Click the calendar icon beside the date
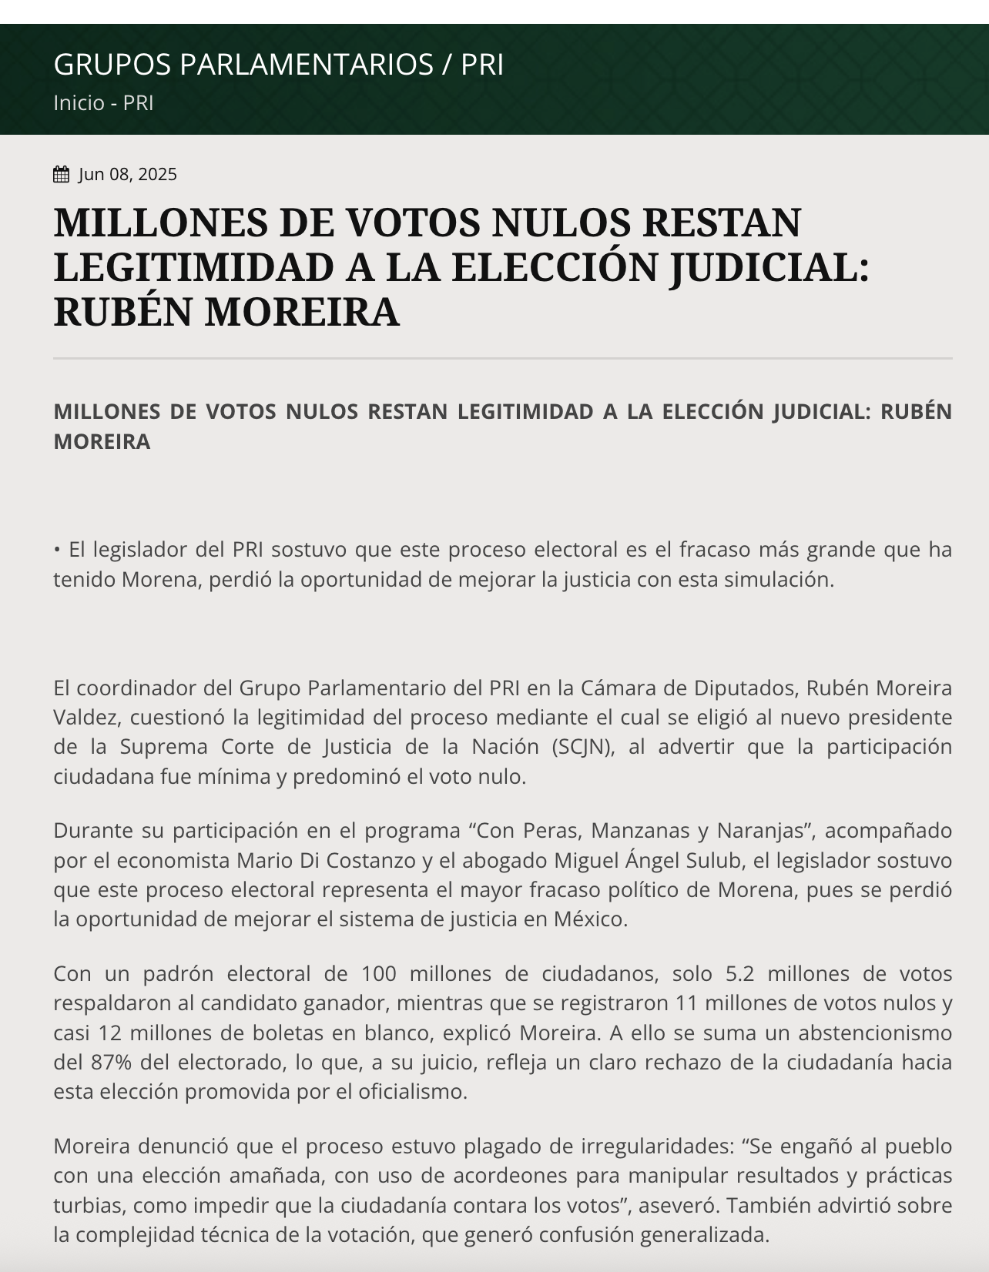tap(61, 175)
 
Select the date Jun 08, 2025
tap(128, 175)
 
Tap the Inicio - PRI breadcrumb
tap(103, 103)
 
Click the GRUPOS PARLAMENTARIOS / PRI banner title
tap(278, 65)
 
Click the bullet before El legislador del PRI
tap(57, 551)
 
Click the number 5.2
tap(739, 974)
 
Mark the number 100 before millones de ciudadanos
tap(378, 974)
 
